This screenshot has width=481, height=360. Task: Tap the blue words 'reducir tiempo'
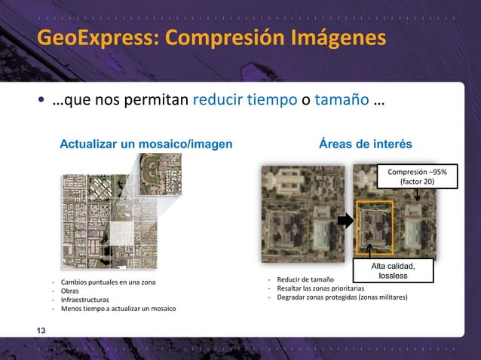pyautogui.click(x=246, y=100)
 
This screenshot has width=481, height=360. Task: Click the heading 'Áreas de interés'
pyautogui.click(x=371, y=144)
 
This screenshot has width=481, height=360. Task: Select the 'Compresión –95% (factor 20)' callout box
pyautogui.click(x=417, y=178)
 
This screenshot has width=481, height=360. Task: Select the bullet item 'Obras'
pyautogui.click(x=70, y=291)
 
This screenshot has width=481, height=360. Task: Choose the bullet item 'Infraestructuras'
pyautogui.click(x=85, y=300)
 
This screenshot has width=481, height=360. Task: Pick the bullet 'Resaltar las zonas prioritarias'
pyautogui.click(x=320, y=288)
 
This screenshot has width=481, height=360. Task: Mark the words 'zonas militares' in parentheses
pyautogui.click(x=381, y=297)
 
